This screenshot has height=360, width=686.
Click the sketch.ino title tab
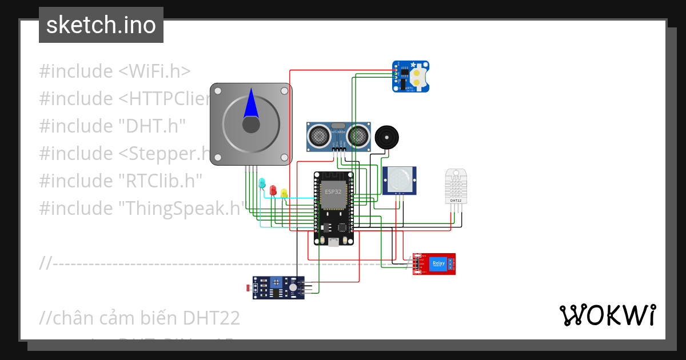point(101,25)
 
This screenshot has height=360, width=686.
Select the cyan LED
point(262,183)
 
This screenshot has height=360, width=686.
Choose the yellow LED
point(284,193)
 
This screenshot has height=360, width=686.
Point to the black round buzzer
point(387,138)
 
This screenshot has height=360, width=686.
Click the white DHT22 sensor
point(456,186)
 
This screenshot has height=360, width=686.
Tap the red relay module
point(434,263)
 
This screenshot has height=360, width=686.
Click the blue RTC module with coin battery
point(410,77)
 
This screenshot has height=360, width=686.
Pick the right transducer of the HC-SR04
point(358,136)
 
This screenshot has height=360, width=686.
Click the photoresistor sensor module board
point(278,287)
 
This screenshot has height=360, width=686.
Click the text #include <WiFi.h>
point(114,71)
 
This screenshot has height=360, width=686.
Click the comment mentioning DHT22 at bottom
point(140,318)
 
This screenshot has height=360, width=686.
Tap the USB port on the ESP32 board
point(333,242)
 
